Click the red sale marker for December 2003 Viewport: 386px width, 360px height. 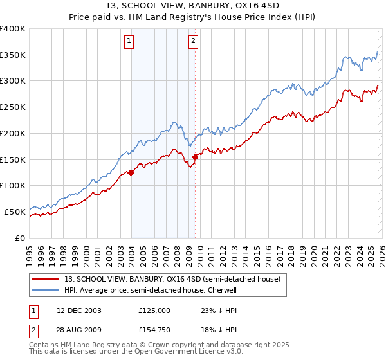click(x=131, y=172)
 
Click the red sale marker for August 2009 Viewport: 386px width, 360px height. click(x=195, y=156)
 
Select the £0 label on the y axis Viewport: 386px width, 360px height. click(x=21, y=237)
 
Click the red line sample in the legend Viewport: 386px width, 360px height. click(x=46, y=280)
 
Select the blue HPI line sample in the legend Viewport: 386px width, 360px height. click(x=46, y=291)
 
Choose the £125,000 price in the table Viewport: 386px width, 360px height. click(x=154, y=310)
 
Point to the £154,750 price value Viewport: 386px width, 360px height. click(x=154, y=332)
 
